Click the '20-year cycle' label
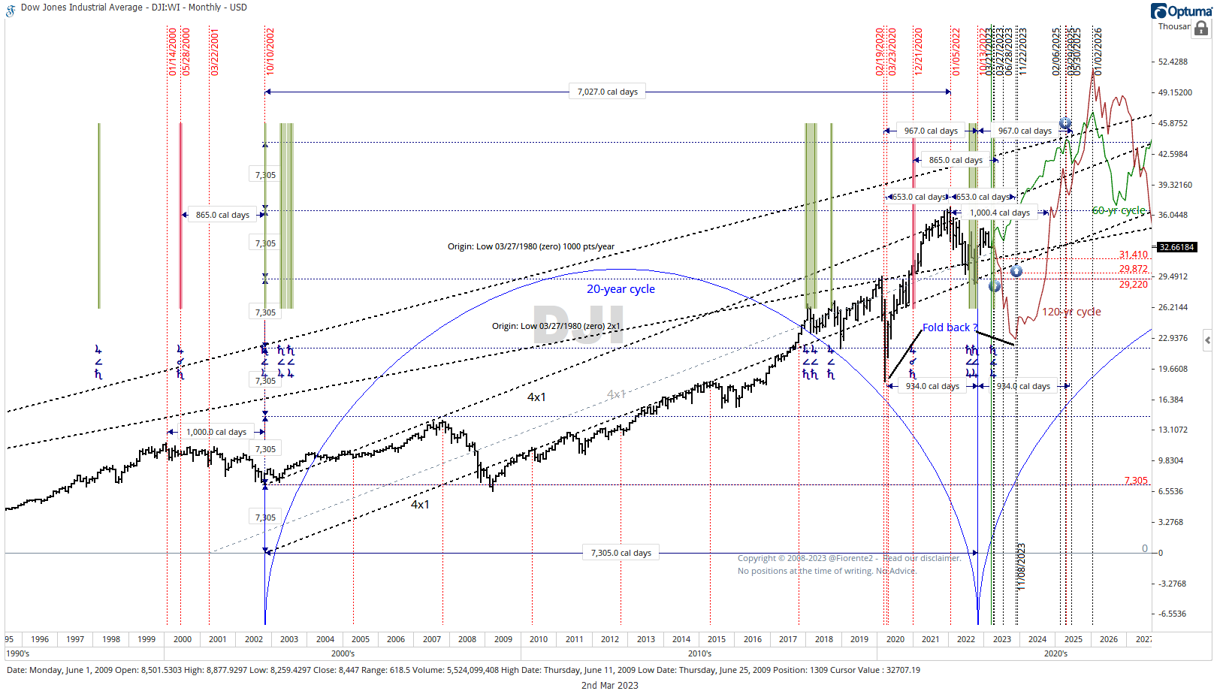tap(621, 289)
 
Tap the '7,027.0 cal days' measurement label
tap(607, 92)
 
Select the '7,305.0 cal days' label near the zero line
tap(621, 553)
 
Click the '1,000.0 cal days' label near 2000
tap(216, 432)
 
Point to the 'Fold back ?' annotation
tap(950, 327)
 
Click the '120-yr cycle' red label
tap(1071, 312)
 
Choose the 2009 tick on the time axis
tap(503, 639)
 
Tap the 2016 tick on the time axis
tap(753, 639)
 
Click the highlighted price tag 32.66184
tap(1176, 247)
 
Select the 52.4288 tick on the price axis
tap(1173, 62)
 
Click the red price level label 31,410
tap(1133, 255)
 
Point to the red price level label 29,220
tap(1133, 285)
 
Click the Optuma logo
tap(1181, 11)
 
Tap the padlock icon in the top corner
tap(1201, 29)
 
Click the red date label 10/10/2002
tap(270, 50)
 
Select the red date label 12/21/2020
tap(918, 50)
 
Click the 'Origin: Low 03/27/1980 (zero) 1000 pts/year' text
tap(530, 246)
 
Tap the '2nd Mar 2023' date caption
tap(609, 685)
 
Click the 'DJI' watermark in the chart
tap(578, 325)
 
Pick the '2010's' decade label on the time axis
tap(699, 653)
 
